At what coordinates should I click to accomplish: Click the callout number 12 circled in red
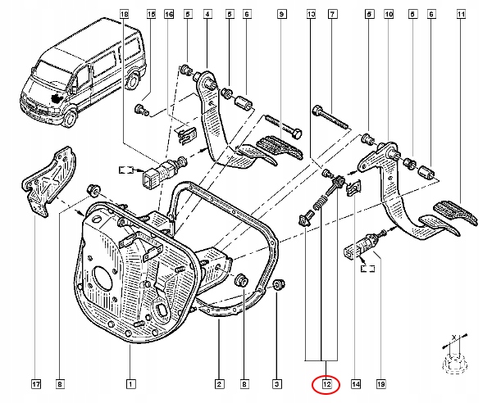pos(326,384)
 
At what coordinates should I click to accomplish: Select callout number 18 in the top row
pos(125,14)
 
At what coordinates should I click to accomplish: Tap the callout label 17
pos(36,384)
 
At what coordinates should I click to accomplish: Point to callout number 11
pos(461,14)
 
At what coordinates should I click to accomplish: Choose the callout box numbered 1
pos(130,384)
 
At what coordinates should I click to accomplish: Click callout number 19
pos(381,384)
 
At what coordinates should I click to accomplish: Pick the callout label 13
pos(311,14)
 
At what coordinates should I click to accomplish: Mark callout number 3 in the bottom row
pos(277,384)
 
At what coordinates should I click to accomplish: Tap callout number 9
pos(281,14)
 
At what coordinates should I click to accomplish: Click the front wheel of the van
pos(71,119)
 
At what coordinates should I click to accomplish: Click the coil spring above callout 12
pos(320,204)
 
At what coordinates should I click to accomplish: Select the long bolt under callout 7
pos(330,118)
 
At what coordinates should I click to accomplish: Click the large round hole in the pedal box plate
pos(103,278)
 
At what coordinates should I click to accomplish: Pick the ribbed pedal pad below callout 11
pos(455,213)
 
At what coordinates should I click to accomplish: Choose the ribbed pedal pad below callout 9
pos(280,147)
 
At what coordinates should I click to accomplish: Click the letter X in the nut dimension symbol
pos(453,337)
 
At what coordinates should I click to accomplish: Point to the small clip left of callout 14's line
pos(353,188)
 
